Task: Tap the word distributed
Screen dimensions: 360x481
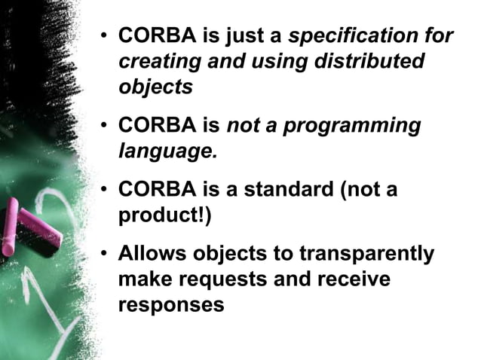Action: [375, 61]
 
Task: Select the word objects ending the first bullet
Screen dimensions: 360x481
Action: [155, 87]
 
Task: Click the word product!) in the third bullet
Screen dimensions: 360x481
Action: [165, 215]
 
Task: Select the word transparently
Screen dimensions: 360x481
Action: [367, 254]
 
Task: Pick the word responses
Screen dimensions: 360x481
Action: [171, 305]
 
